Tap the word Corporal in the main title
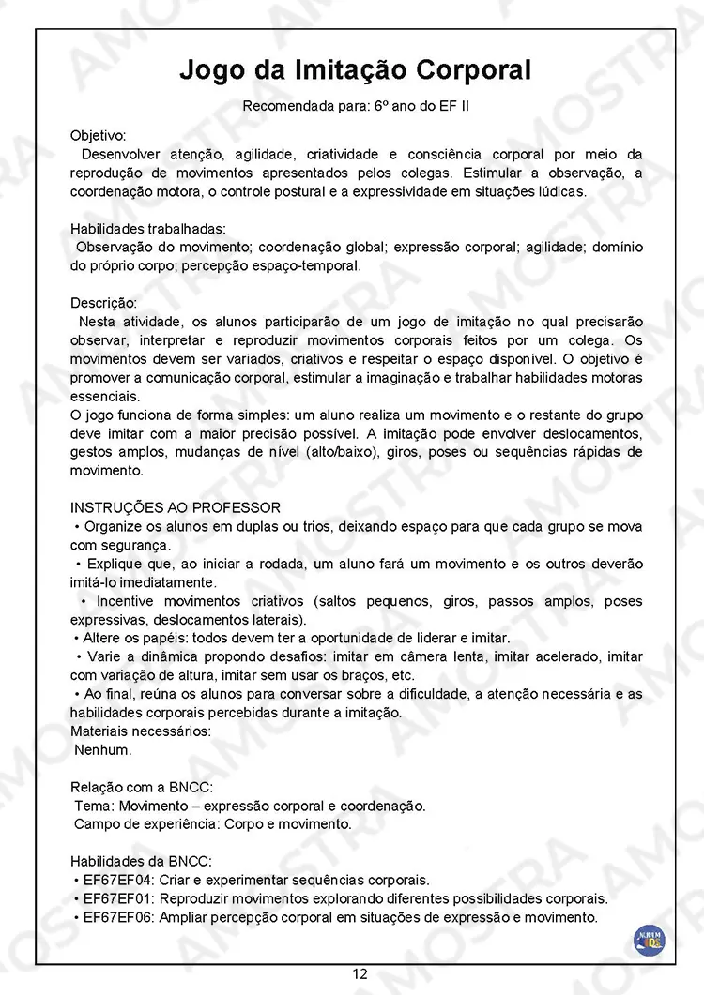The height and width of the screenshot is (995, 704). [475, 70]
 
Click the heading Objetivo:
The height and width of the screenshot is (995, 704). [99, 135]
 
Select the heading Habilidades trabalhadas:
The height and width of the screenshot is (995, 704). [147, 229]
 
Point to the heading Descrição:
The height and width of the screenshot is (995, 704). [103, 303]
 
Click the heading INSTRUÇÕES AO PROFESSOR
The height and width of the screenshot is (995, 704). [175, 507]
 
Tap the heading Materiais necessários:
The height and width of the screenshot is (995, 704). [141, 731]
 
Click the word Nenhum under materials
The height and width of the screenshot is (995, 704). [103, 749]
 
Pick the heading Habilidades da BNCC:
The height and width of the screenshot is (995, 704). [141, 861]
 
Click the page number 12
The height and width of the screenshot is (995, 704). [360, 973]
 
